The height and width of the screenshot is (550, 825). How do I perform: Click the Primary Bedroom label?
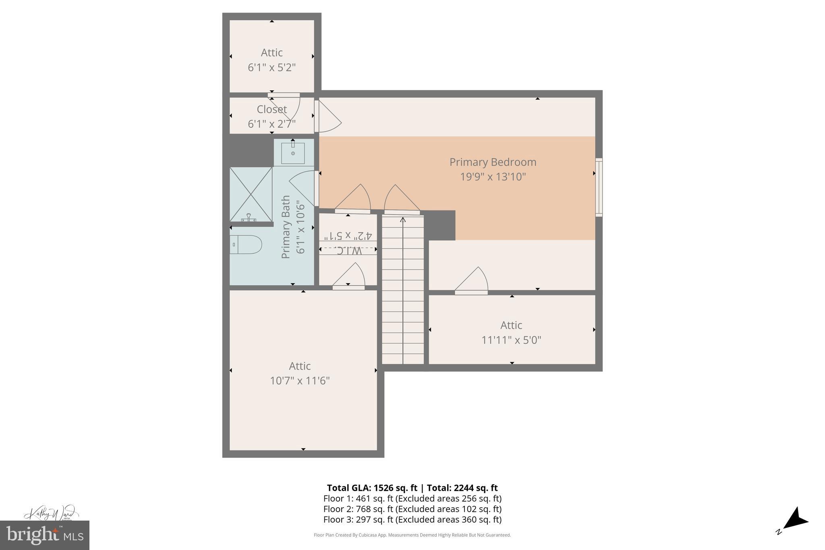[493, 162]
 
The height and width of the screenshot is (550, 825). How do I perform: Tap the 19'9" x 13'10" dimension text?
[493, 177]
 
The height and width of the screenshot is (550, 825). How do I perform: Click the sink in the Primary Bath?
[293, 153]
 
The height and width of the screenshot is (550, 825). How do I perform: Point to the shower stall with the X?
[251, 194]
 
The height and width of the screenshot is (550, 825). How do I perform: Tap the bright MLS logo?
[44, 535]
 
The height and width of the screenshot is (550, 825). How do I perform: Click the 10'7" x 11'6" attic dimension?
[300, 381]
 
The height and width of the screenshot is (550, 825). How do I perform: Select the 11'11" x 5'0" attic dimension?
[511, 340]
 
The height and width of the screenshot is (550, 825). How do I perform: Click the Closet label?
[272, 109]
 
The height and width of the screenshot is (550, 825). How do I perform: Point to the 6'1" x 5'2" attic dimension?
[272, 67]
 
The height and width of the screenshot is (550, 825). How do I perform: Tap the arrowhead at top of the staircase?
[403, 220]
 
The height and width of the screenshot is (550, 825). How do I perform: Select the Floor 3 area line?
[412, 519]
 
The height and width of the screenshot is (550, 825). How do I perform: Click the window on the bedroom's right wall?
[599, 187]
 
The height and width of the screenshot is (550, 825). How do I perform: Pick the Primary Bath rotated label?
[286, 227]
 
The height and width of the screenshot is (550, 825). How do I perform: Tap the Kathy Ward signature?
[50, 513]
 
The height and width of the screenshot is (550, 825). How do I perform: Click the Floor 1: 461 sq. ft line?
[412, 498]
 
